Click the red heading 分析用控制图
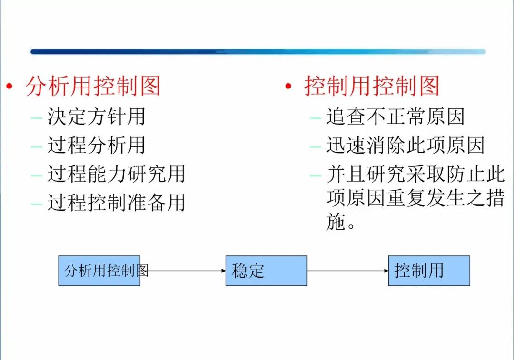tap(93, 87)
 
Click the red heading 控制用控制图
tap(371, 87)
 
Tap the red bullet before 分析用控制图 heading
tap(9, 87)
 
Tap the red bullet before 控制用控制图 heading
tap(288, 87)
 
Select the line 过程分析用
tap(96, 146)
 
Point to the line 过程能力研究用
tap(116, 175)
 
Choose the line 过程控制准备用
tap(116, 203)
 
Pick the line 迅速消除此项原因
tap(405, 146)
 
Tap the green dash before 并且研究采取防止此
tap(315, 175)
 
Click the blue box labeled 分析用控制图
tap(99, 271)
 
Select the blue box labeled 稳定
tap(266, 271)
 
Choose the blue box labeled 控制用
tap(429, 271)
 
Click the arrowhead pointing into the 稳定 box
tap(223, 271)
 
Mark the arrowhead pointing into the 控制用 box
tap(385, 271)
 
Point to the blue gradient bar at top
tap(257, 51)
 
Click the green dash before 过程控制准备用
tap(36, 204)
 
